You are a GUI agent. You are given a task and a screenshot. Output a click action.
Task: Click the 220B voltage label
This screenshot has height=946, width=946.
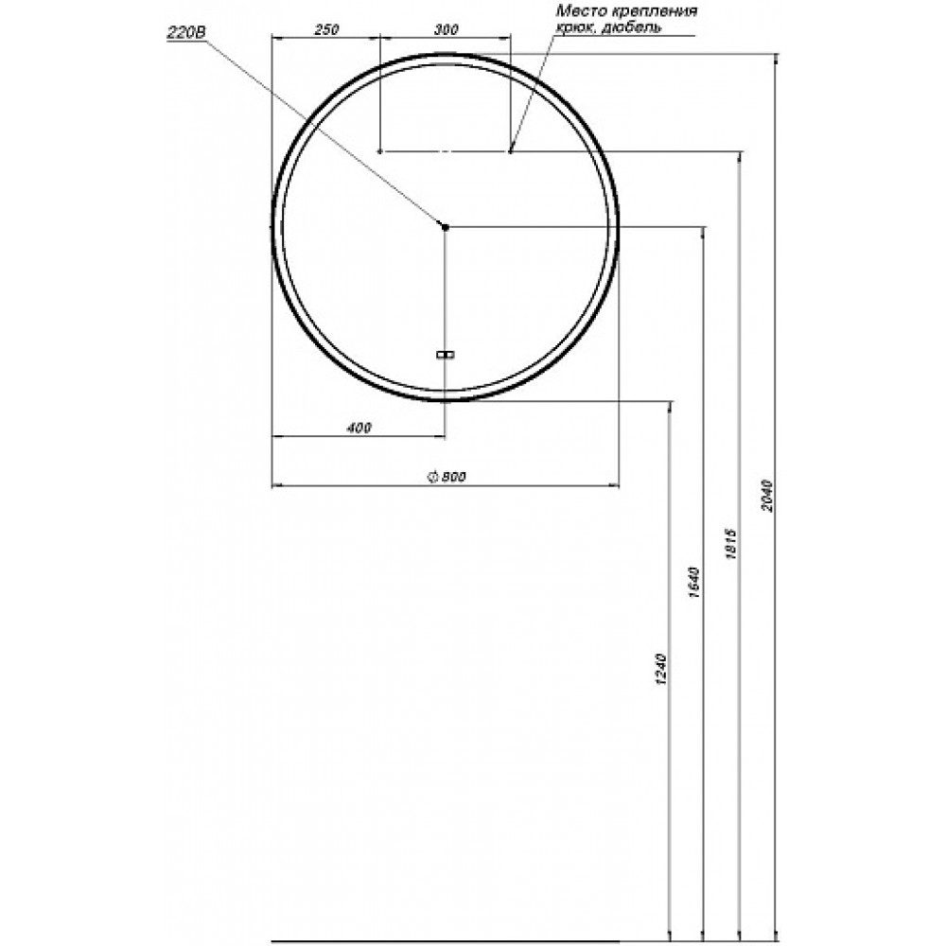click(x=185, y=32)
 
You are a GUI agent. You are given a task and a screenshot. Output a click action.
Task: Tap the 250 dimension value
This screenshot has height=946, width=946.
click(x=326, y=29)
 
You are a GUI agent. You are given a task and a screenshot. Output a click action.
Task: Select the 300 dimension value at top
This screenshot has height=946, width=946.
click(x=446, y=29)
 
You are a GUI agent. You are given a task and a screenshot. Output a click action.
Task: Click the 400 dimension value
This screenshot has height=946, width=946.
click(x=359, y=428)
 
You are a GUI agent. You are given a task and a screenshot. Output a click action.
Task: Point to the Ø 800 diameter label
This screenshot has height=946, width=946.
click(x=447, y=477)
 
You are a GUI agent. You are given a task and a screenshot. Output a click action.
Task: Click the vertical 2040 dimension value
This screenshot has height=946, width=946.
click(x=766, y=496)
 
